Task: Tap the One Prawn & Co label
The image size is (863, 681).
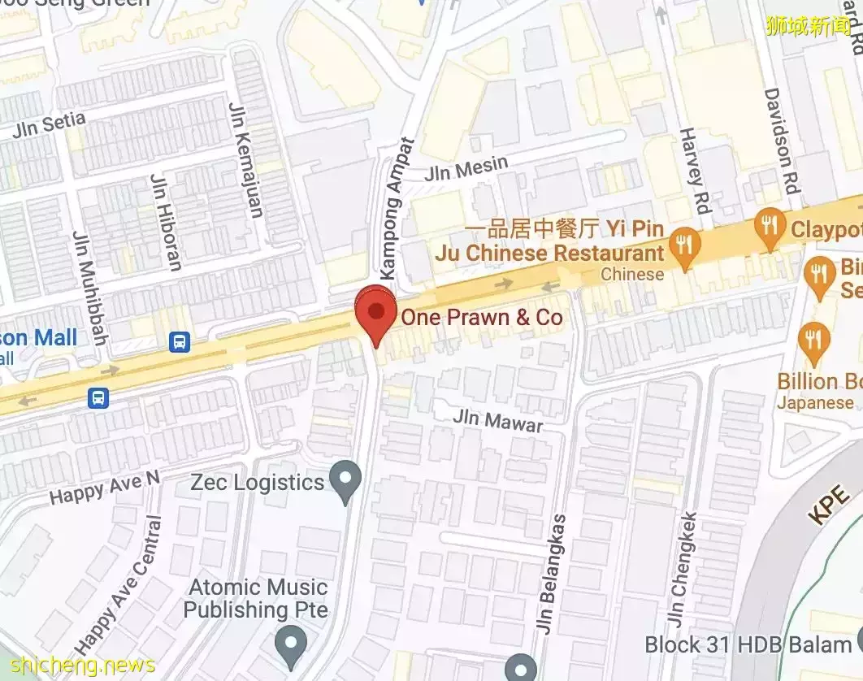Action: coord(481,317)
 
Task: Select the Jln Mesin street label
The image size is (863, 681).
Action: coord(466,168)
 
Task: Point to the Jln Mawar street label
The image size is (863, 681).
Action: coord(497,420)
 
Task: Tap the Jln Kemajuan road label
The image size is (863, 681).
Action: coord(245,160)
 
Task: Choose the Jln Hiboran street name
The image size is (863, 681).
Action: coord(166,221)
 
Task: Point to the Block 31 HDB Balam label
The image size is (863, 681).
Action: coord(748,644)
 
